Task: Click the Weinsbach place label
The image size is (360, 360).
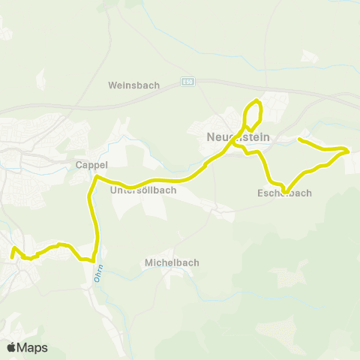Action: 134,85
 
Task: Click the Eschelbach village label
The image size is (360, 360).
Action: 284,193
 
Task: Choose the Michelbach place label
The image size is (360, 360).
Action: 171,262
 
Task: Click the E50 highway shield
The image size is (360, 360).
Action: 187,82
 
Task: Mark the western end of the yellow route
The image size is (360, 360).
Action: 11,256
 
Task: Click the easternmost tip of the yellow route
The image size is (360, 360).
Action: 349,151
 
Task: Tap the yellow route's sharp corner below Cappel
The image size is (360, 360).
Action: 95,177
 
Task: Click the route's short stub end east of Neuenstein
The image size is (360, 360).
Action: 299,139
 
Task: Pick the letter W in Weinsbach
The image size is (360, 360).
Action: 112,85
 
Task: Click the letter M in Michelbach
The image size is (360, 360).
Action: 147,262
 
